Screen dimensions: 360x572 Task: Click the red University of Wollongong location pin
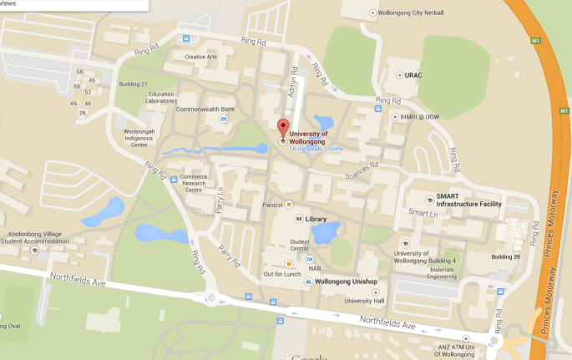(x=282, y=129)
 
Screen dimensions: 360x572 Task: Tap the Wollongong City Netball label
(x=412, y=13)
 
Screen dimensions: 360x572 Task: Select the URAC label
(x=413, y=75)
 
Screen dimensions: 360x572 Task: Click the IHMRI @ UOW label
(x=418, y=117)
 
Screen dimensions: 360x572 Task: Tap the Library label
(x=316, y=219)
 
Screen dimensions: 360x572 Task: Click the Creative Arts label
(x=200, y=57)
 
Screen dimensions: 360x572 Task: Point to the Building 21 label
(x=133, y=84)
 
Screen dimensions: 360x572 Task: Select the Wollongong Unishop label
(x=346, y=282)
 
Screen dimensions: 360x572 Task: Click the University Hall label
(x=363, y=301)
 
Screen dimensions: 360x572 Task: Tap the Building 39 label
(x=506, y=257)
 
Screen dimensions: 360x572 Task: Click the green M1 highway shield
(x=535, y=39)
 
